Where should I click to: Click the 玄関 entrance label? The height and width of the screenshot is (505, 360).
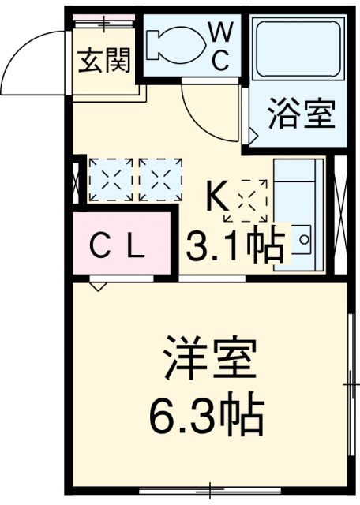pyautogui.click(x=103, y=60)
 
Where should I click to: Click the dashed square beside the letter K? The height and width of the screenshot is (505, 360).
pyautogui.click(x=246, y=199)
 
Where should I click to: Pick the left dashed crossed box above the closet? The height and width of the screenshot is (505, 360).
pyautogui.click(x=111, y=179)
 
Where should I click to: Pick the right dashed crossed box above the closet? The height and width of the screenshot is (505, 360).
pyautogui.click(x=160, y=179)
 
